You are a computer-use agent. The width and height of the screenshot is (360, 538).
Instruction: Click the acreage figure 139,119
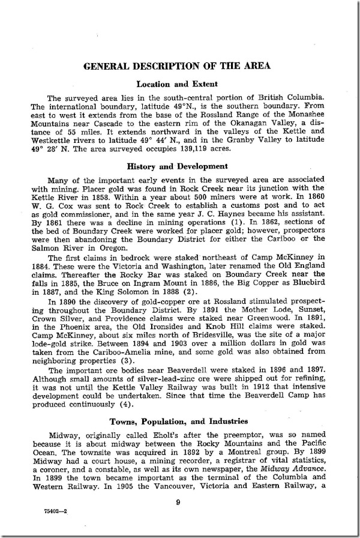(249, 147)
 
